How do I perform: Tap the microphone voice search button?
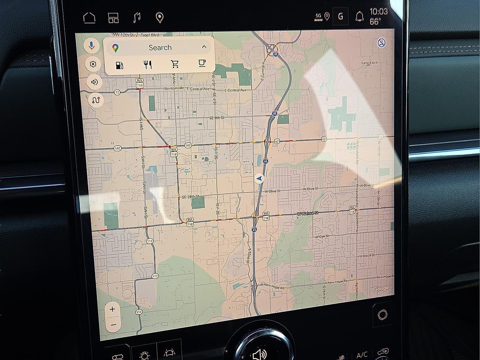92,46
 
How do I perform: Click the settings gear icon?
93,64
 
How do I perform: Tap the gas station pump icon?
119,65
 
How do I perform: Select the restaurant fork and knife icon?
148,65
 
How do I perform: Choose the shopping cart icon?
175,64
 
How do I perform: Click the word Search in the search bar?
160,47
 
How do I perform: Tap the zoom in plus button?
112,309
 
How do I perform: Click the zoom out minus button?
113,325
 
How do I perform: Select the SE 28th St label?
190,197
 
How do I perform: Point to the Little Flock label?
370,63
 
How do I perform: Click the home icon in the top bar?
89,18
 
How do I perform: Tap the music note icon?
137,18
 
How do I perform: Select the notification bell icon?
359,17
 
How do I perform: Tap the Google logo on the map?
381,289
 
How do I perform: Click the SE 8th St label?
217,118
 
